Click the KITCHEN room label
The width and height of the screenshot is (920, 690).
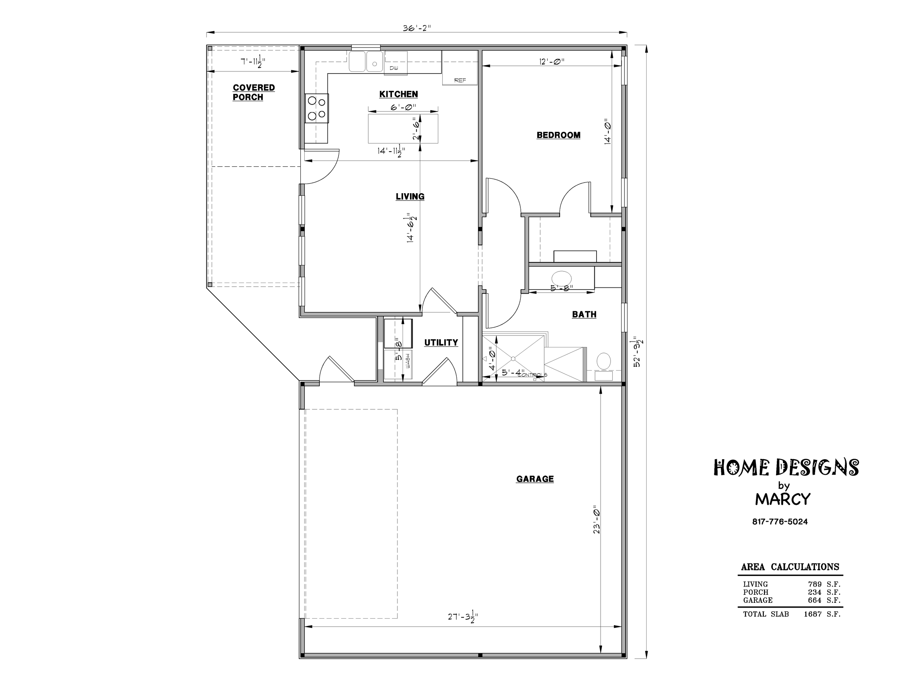[399, 95]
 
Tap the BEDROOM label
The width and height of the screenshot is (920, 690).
[558, 135]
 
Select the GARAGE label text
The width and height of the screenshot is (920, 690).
[535, 479]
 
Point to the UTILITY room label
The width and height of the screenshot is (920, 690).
[441, 342]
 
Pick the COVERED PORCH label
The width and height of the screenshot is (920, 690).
[254, 92]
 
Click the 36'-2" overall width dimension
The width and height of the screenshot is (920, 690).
[417, 28]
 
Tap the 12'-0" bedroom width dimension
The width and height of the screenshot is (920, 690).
[552, 61]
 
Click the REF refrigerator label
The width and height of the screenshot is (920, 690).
[460, 80]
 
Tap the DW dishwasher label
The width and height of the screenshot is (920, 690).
[393, 68]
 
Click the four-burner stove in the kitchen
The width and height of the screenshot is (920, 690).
[316, 108]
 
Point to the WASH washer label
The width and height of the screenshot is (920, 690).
[408, 361]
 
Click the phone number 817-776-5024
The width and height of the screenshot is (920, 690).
[780, 521]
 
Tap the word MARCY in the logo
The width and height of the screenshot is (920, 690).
[783, 499]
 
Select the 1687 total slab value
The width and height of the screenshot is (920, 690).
[813, 614]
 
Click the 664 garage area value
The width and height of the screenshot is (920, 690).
[815, 600]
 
